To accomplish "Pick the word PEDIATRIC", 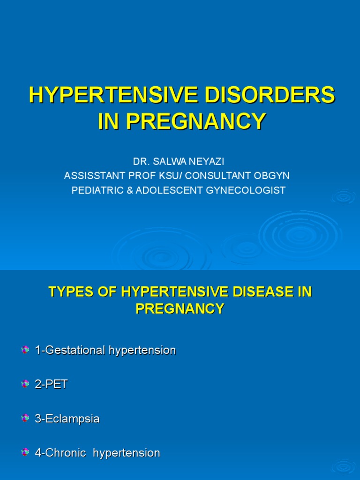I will (x=95, y=190).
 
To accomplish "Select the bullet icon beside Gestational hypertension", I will (x=25, y=350).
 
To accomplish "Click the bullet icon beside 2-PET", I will (x=25, y=384).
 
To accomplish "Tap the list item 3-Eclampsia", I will (x=67, y=419).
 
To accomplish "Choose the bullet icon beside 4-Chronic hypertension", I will (x=25, y=453).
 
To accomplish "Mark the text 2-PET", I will (x=51, y=384).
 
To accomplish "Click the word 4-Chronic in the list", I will (x=60, y=453).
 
